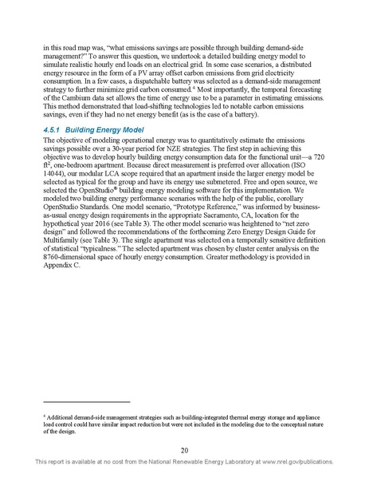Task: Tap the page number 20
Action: tap(184, 449)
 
